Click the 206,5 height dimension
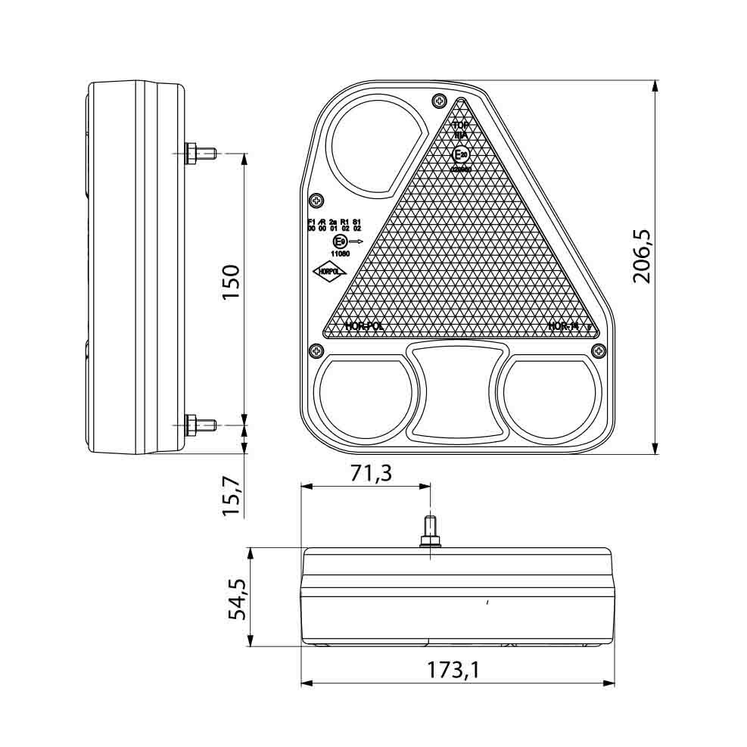(643, 256)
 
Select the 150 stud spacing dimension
(231, 282)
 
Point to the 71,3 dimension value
(371, 473)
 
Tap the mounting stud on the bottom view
(431, 531)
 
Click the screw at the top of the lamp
(438, 101)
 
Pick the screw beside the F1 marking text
(316, 201)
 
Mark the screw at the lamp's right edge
(599, 350)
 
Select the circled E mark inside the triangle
(460, 155)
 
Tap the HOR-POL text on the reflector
(363, 326)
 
